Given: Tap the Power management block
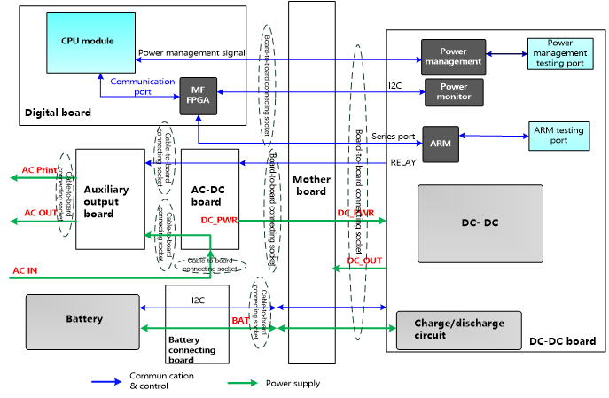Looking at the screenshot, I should tap(452, 57).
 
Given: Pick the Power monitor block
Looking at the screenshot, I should tap(454, 91).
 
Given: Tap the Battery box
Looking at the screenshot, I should tap(83, 318).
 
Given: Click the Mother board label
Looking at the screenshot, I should tap(311, 186).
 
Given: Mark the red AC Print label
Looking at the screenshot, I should tap(41, 169).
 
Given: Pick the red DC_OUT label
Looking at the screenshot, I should tap(364, 260).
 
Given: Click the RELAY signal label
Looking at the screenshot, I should tap(402, 163).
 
